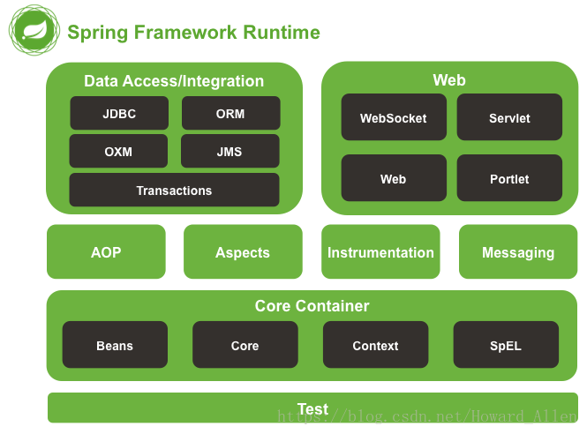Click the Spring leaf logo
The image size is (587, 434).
[34, 31]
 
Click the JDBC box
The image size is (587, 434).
[119, 114]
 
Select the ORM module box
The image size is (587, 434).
[231, 114]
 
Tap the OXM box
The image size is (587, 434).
[118, 151]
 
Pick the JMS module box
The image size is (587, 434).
[230, 151]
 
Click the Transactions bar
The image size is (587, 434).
[174, 191]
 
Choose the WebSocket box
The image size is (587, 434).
[393, 117]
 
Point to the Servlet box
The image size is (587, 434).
[509, 117]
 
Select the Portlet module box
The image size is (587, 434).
[509, 178]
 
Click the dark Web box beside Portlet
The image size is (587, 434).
[393, 178]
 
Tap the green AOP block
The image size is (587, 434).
[106, 252]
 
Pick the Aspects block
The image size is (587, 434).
[243, 252]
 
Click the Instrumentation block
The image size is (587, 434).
[380, 252]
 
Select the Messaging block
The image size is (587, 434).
[518, 252]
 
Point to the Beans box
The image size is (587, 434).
[115, 345]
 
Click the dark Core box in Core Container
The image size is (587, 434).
[245, 345]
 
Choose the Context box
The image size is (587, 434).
[375, 345]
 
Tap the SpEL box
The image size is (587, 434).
[506, 345]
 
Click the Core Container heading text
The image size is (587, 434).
[312, 306]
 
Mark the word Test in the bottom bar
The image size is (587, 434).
[312, 408]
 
